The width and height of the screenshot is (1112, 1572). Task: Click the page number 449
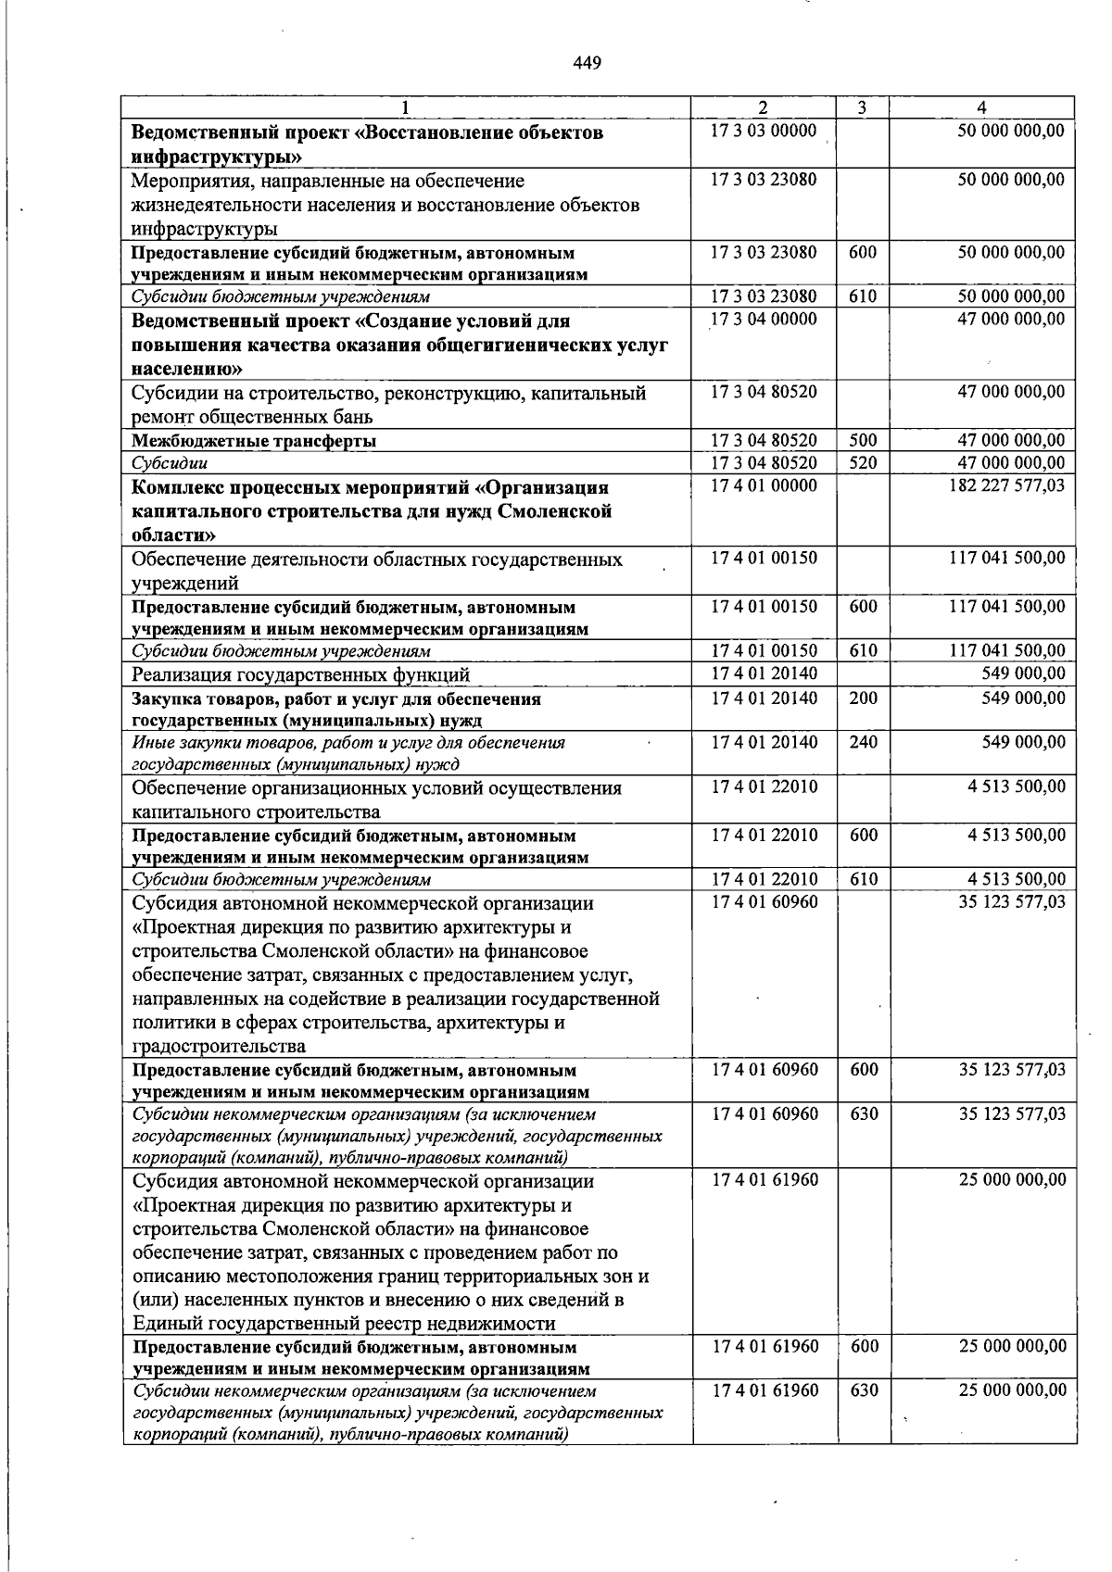pos(587,63)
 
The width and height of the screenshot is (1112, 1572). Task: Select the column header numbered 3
pos(862,107)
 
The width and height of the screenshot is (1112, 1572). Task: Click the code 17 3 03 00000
pos(764,131)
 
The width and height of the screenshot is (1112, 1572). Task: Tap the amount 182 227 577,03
pos(1007,485)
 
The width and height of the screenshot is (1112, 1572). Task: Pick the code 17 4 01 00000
pos(764,485)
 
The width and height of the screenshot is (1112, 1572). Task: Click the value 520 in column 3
pos(863,462)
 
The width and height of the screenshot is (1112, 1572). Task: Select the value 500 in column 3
pos(863,440)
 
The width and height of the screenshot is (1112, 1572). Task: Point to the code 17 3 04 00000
pos(764,320)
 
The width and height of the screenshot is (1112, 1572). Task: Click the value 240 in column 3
pos(863,741)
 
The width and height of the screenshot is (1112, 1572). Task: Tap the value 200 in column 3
pos(863,698)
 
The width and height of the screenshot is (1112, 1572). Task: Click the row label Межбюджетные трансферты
pos(253,441)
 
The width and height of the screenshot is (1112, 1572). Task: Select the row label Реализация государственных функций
pos(300,674)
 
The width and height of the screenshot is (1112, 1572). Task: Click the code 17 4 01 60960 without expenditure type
pos(764,901)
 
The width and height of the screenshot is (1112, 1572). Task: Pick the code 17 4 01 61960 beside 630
pos(764,1390)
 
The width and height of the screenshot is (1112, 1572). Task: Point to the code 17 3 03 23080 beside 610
pos(764,296)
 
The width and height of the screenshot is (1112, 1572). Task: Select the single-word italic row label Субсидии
pos(170,463)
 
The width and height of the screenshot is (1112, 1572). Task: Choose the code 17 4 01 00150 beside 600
pos(764,606)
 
